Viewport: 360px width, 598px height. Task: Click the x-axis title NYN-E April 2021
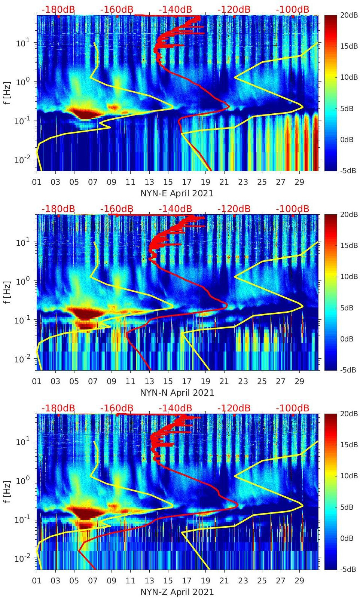click(x=177, y=193)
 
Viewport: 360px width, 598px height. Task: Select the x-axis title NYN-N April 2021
click(x=177, y=393)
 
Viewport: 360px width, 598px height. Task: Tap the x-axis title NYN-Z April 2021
click(x=177, y=592)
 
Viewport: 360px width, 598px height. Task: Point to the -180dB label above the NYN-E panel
click(x=58, y=9)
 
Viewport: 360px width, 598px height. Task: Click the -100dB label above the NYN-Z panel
click(x=293, y=408)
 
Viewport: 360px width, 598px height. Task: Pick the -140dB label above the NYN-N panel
click(x=175, y=209)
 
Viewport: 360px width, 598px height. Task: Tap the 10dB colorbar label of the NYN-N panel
click(x=348, y=276)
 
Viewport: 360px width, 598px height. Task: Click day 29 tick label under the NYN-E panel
click(x=299, y=183)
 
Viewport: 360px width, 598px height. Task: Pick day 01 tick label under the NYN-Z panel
click(x=37, y=581)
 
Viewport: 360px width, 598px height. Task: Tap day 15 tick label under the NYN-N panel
click(x=168, y=382)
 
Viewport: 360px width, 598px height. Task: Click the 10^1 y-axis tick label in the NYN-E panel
click(x=22, y=43)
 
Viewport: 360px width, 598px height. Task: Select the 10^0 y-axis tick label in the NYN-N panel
click(x=22, y=281)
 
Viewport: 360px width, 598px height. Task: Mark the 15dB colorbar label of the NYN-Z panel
click(x=348, y=445)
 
